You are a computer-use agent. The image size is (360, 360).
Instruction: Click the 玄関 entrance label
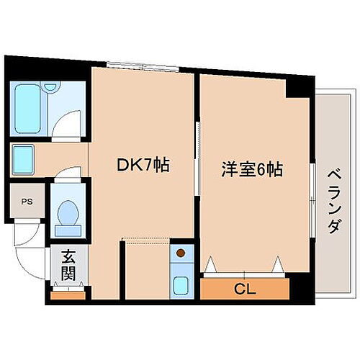click(x=68, y=265)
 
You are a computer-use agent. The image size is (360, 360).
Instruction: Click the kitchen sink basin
click(x=181, y=283)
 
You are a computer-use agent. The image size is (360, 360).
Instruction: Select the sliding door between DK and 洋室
click(x=197, y=158)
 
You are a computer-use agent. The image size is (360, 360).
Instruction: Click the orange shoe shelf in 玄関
click(x=68, y=293)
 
